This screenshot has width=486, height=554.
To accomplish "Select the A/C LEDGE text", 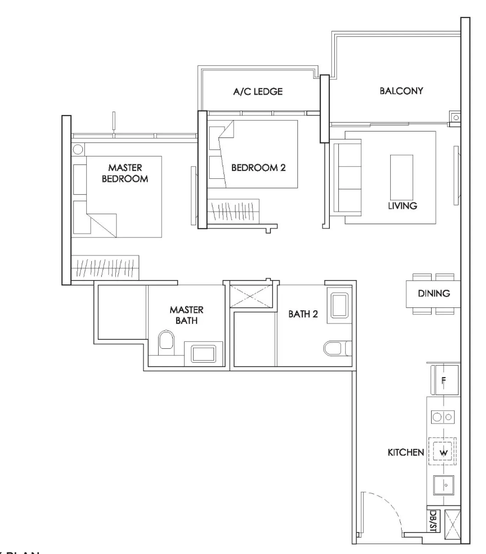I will point(258,91).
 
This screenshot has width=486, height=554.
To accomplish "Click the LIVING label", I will point(403,205).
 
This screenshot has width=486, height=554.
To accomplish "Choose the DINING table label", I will point(434,294).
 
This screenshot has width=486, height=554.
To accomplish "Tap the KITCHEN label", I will point(406,453).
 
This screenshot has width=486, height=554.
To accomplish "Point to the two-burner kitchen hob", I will point(443,417).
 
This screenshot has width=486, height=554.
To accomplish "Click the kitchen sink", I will point(443,484).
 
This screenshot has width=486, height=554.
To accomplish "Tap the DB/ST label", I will point(432,520).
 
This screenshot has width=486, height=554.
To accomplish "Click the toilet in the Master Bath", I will point(165,344).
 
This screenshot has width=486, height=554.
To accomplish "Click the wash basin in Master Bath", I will point(203,354).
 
